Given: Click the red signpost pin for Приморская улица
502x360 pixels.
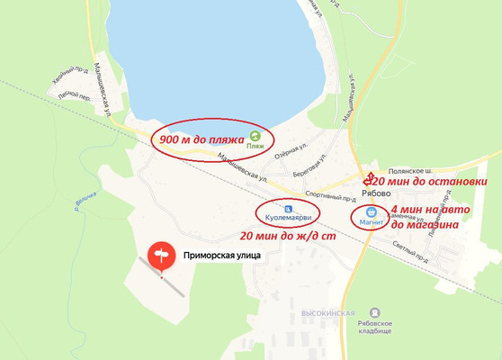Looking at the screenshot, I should click(162, 256).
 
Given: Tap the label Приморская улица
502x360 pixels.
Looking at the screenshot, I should click(222, 256).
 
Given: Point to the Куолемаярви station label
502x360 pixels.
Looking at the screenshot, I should click(287, 219).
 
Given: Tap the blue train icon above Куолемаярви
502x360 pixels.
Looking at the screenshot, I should click(286, 207).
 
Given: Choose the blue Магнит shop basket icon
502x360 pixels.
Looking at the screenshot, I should click(371, 210).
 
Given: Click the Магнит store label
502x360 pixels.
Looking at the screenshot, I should click(372, 220).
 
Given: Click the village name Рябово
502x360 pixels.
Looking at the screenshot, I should click(369, 192).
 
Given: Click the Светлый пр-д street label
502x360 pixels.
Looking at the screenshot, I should click(410, 247).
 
